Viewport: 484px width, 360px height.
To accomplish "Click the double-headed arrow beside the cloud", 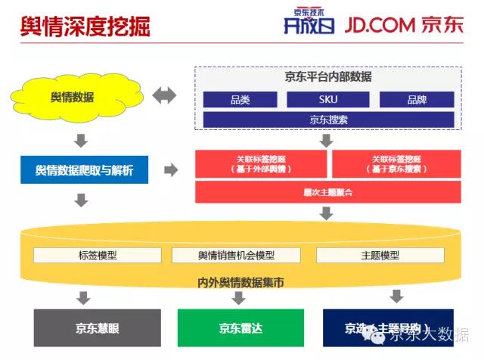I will click(163, 96).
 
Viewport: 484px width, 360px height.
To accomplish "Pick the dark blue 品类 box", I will click(240, 100).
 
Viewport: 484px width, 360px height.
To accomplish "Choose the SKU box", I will click(327, 100).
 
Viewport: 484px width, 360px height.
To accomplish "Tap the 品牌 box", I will click(416, 100).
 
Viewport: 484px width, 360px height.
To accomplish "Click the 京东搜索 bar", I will click(328, 119).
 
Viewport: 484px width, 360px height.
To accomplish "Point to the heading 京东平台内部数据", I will click(328, 77).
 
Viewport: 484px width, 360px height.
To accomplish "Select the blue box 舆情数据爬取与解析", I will click(84, 170).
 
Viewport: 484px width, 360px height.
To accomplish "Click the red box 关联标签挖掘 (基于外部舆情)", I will click(261, 164).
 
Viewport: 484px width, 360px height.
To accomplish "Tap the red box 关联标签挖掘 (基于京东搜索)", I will click(396, 164).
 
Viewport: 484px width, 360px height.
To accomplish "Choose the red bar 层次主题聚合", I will click(328, 192).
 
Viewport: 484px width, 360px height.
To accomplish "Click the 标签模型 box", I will click(98, 256).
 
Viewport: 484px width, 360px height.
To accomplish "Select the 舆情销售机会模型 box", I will click(237, 256).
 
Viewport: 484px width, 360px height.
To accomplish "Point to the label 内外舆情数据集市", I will click(237, 282).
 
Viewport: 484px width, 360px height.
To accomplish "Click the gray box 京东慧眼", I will click(97, 327).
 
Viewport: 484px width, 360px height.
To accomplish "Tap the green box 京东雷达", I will click(240, 327).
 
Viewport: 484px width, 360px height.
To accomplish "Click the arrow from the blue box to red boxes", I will click(171, 170).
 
